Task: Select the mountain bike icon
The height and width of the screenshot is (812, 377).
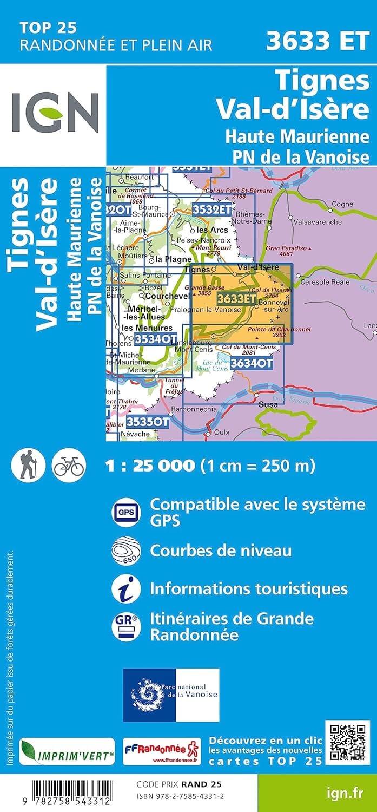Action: pos(68,465)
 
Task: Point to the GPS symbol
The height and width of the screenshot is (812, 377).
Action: pos(125,511)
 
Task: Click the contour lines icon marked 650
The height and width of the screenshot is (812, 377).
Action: pos(126,551)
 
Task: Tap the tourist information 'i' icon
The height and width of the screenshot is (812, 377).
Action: pos(125,588)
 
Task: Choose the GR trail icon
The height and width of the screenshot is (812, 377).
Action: pos(125,626)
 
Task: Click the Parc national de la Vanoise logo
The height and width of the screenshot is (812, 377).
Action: pos(171,695)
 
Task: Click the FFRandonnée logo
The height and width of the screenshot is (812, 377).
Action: pos(162,751)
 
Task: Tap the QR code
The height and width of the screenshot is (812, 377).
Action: pos(347,742)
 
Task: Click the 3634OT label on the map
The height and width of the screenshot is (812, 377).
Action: pos(250,364)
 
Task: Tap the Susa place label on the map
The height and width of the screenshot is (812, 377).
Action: pos(268,404)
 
